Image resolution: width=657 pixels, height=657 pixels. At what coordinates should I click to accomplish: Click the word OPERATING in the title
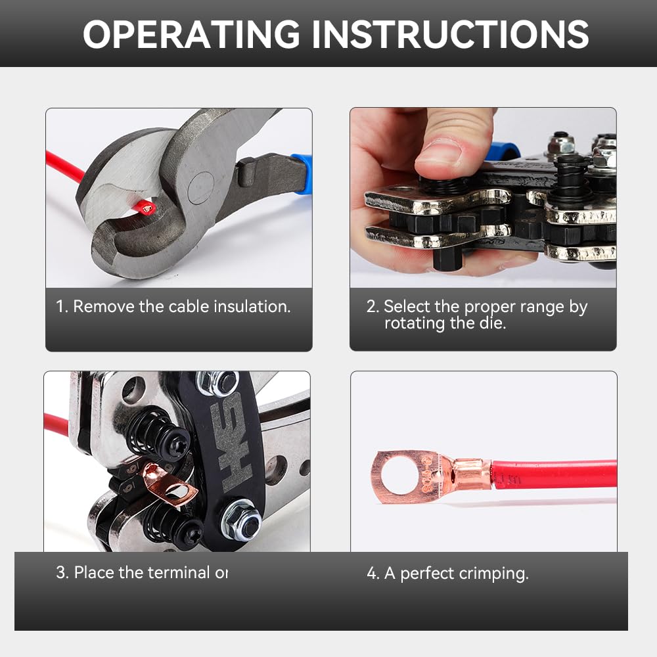tap(191, 34)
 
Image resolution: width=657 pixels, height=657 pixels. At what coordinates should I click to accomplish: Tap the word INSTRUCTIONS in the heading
tap(449, 34)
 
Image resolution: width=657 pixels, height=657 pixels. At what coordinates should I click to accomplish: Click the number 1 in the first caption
tap(61, 306)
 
